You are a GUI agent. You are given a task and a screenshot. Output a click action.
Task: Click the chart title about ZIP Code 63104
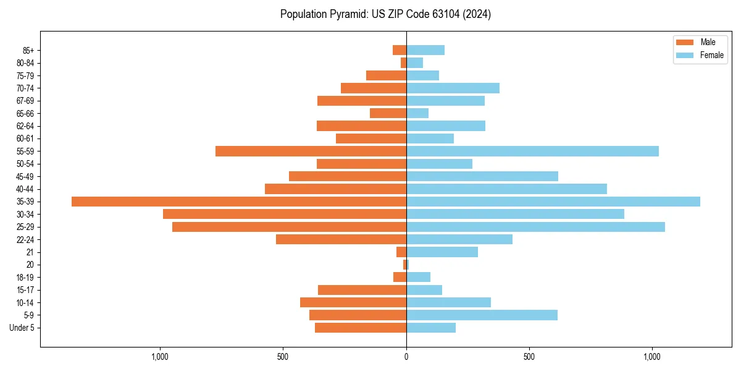click(385, 14)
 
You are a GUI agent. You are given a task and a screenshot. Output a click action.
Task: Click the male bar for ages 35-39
click(239, 202)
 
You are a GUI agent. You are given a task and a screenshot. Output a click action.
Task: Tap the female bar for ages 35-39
click(553, 202)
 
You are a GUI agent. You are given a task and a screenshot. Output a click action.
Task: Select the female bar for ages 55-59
click(532, 151)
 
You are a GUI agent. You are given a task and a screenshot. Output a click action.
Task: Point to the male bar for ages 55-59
click(311, 151)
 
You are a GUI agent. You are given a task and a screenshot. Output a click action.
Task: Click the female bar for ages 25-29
click(535, 227)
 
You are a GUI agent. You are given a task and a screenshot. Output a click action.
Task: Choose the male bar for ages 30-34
click(285, 214)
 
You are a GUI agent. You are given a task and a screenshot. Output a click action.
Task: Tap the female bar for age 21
click(442, 252)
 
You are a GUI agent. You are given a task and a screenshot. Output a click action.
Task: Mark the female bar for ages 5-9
click(482, 315)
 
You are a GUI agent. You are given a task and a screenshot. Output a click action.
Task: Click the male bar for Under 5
click(361, 328)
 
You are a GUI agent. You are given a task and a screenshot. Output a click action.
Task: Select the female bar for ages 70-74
click(453, 88)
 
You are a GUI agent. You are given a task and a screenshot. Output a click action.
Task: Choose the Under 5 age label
click(22, 328)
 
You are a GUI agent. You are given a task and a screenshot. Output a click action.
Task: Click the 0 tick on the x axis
click(406, 357)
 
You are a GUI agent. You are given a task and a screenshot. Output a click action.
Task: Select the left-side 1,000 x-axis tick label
click(160, 357)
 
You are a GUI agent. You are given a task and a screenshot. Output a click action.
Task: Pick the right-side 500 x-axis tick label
click(529, 357)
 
